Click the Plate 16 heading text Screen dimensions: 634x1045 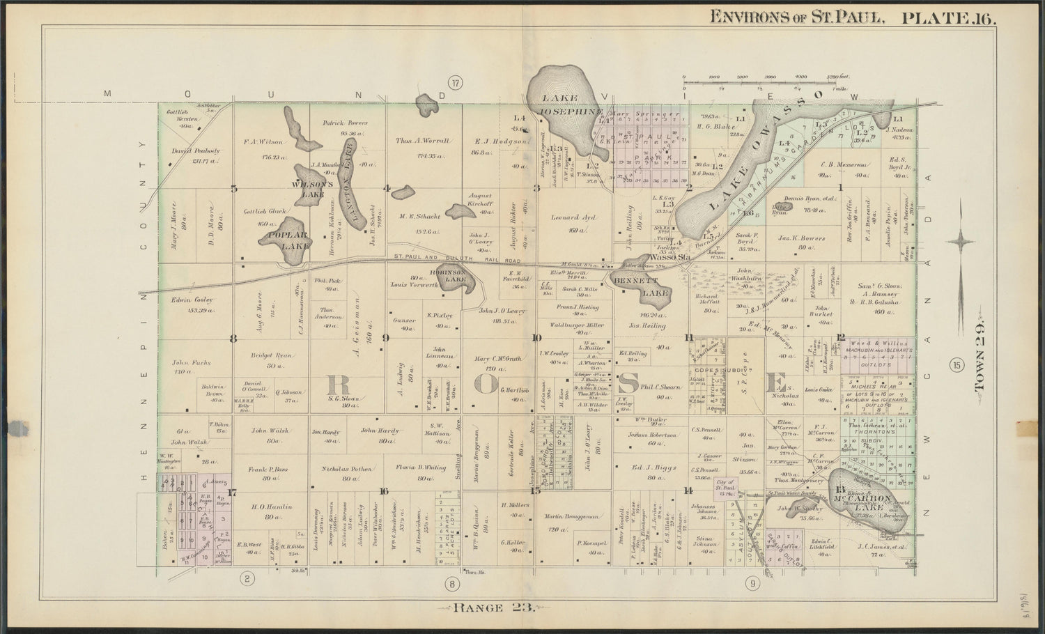949,16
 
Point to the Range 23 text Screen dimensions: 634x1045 493,607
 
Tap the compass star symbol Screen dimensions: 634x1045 963,243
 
